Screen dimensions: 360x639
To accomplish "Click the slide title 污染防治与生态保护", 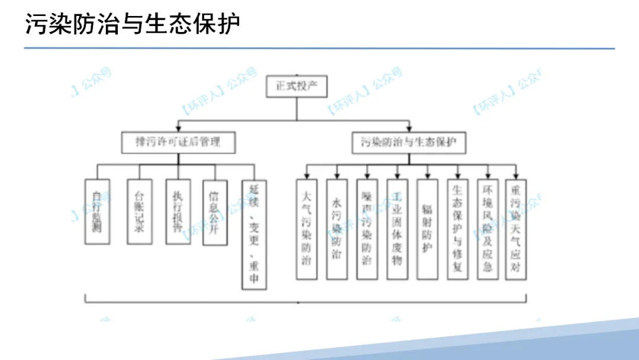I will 133,25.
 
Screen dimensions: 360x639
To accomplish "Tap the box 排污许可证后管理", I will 178,142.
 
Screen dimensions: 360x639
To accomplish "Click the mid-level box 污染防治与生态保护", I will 409,142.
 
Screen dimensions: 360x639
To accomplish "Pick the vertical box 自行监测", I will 98,211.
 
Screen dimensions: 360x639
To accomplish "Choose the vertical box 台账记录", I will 139,211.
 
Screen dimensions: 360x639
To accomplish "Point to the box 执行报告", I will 178,211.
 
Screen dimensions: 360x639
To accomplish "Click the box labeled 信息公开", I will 214,211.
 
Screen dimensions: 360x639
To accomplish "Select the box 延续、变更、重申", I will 254,234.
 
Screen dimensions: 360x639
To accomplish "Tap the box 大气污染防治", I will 306,229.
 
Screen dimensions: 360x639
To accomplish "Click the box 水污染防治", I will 337,229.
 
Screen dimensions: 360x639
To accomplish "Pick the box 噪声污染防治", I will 367,229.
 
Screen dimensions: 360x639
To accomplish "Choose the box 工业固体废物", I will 397,229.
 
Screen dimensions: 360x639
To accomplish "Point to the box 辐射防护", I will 427,229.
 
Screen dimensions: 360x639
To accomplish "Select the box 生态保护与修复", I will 457,229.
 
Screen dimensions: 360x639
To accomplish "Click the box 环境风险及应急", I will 488,229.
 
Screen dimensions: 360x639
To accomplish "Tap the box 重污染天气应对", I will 516,229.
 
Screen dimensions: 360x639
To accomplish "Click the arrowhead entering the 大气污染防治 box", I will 306,176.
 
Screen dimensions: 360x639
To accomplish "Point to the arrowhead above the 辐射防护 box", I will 427,176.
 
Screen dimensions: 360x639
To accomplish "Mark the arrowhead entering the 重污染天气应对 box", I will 516,176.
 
